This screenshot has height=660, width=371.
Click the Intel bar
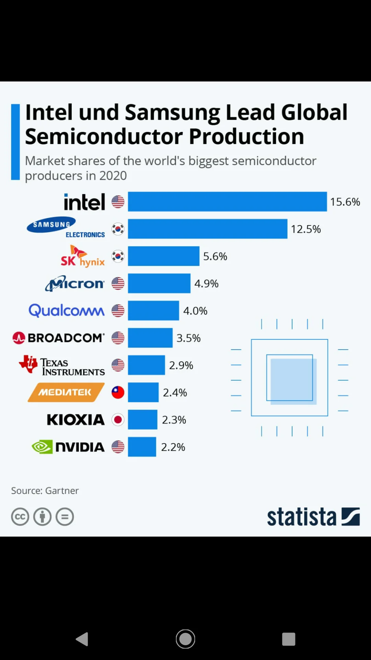click(x=227, y=201)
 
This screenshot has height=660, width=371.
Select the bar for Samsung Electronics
click(x=207, y=229)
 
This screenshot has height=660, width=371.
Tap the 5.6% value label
click(x=215, y=256)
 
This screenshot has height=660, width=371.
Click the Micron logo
click(x=75, y=283)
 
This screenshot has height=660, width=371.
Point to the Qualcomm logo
click(x=67, y=310)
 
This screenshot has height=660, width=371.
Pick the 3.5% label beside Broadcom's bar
click(x=188, y=338)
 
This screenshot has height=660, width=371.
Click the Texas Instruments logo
click(x=62, y=365)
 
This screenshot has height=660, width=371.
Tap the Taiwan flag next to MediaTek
click(x=118, y=392)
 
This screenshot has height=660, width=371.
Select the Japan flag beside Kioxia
click(x=118, y=420)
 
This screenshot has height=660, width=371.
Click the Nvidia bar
click(x=142, y=447)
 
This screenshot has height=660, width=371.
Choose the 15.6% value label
click(x=345, y=202)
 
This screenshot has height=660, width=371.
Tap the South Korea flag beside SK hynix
click(x=118, y=256)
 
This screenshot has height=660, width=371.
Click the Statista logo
click(x=314, y=517)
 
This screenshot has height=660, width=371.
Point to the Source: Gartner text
click(x=45, y=491)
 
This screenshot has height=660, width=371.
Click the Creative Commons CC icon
click(x=20, y=517)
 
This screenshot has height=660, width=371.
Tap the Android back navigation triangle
click(x=82, y=639)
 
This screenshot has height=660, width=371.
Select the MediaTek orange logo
click(x=66, y=392)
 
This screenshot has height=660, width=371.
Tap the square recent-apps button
click(x=289, y=639)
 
